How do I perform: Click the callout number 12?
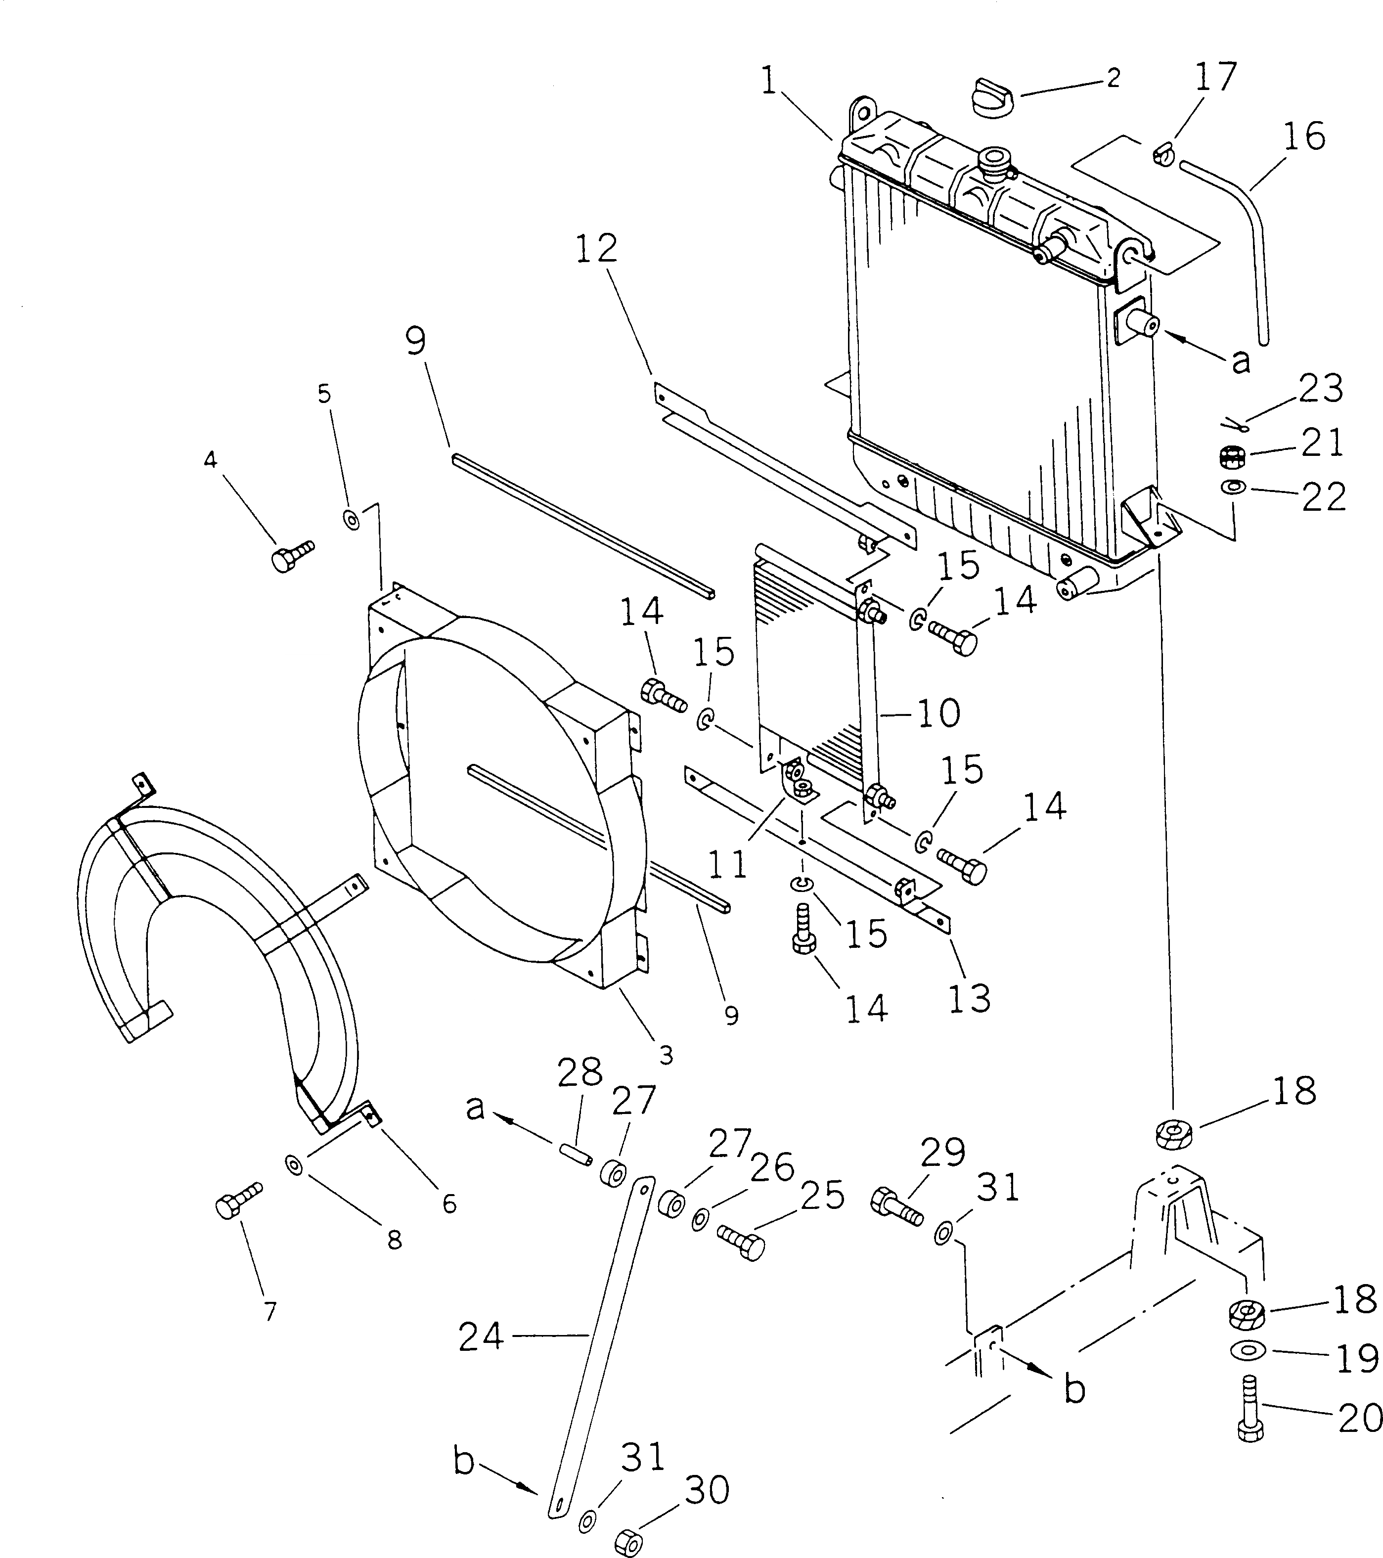coord(596,249)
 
